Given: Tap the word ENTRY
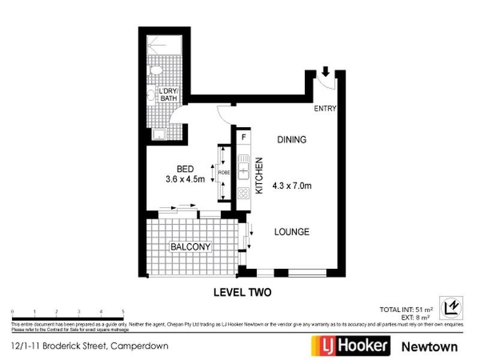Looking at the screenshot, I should (326, 109).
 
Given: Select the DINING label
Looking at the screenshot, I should (292, 140).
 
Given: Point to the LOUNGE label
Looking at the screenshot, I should (292, 232).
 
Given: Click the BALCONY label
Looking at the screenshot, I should (190, 247).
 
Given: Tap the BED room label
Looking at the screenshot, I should (185, 168).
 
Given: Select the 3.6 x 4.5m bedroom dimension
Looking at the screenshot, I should (185, 179).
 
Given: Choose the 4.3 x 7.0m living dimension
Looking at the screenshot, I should (292, 185).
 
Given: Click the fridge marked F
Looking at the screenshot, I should (244, 137).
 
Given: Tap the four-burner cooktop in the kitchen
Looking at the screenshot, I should (244, 193).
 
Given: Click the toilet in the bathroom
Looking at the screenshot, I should (156, 71).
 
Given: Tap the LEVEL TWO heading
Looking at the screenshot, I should (243, 293).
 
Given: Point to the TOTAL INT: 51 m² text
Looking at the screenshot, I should (406, 310).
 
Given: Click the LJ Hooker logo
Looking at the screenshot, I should (351, 346).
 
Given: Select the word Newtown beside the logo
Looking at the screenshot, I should (429, 346).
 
